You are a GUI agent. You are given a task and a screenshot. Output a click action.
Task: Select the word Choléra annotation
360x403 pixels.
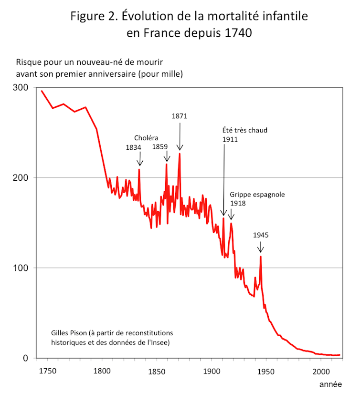(146, 138)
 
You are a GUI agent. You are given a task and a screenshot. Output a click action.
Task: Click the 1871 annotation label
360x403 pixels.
(180, 116)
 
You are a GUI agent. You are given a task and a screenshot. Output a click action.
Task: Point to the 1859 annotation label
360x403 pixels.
(160, 147)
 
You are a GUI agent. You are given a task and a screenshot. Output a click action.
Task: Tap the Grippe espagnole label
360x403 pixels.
(257, 195)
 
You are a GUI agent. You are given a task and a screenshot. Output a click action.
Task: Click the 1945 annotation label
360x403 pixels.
(261, 235)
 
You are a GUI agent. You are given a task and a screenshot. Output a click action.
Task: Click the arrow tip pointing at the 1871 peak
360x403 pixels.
(180, 150)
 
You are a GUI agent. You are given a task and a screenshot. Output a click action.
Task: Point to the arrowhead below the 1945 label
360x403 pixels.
(261, 252)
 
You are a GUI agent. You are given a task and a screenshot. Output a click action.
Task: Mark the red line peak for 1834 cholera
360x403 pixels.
(139, 169)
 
